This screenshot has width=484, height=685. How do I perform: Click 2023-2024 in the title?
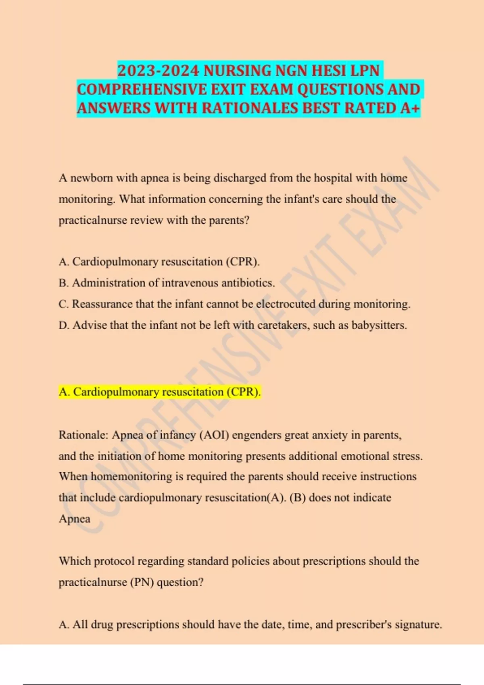(x=158, y=71)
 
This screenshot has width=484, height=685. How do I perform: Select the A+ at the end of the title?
(x=410, y=108)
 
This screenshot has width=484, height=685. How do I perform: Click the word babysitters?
(x=379, y=325)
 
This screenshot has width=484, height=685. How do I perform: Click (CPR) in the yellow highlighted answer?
(x=243, y=392)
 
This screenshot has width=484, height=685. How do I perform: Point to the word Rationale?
(x=83, y=435)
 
